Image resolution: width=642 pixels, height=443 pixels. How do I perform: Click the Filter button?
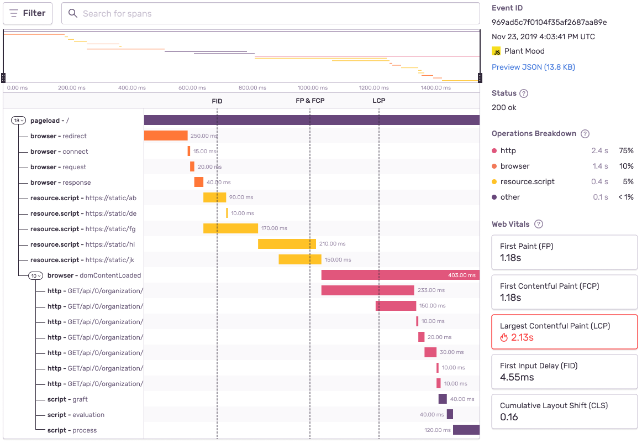pos(28,13)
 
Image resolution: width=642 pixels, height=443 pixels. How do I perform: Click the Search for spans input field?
pos(270,13)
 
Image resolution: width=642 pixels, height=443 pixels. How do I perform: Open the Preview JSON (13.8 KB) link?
pos(533,67)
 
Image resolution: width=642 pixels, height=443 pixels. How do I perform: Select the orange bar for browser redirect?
pos(166,135)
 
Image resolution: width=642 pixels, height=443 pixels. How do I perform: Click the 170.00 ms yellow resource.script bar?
pos(230,228)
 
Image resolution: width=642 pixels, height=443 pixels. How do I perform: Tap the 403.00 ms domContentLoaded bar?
pos(400,275)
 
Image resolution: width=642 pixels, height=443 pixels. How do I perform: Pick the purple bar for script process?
pos(466,430)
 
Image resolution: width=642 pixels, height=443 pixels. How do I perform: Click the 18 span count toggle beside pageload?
pos(19,121)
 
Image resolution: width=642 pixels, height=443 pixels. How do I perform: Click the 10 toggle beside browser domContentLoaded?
pos(35,275)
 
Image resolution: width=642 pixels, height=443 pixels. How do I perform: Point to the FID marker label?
pos(217,101)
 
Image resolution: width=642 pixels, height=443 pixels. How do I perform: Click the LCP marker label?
pos(378,101)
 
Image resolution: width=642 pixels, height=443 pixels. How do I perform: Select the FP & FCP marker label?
pos(310,101)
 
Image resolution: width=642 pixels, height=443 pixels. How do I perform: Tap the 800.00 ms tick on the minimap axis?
pos(252,87)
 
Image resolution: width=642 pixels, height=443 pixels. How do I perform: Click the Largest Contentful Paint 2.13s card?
pos(564,332)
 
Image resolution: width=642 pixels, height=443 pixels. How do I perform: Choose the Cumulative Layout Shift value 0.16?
pos(509,417)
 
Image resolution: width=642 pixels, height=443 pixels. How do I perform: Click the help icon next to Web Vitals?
pos(539,224)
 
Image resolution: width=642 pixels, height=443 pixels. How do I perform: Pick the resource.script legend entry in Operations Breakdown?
pos(527,181)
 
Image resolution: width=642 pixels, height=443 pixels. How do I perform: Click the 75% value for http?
pos(626,150)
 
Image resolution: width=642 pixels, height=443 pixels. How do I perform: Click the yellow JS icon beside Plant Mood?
pos(496,51)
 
